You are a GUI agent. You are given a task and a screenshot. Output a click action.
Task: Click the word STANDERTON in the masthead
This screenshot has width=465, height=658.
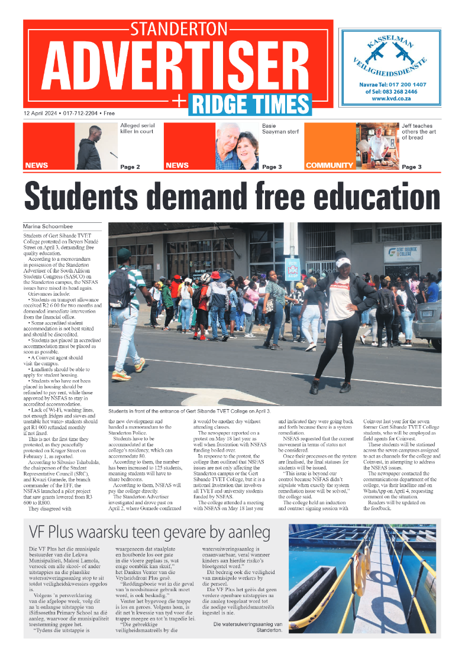coord(178,29)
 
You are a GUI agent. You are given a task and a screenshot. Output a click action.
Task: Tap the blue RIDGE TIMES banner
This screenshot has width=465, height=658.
coord(250,104)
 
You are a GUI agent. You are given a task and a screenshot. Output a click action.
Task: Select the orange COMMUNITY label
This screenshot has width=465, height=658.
coord(329,166)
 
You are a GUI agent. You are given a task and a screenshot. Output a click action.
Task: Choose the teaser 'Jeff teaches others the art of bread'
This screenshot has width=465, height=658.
coord(421,132)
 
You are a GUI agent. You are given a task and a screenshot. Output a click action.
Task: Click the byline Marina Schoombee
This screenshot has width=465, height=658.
coord(49,226)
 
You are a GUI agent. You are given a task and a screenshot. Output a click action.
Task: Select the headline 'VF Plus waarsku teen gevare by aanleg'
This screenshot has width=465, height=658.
coord(141,529)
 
